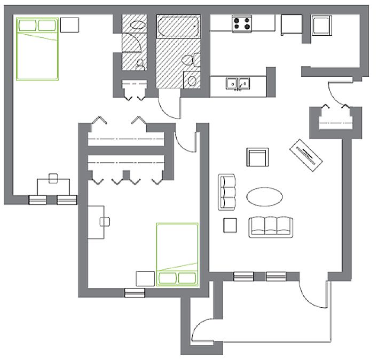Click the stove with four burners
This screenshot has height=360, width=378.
coord(242,23)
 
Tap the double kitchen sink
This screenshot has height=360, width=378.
coord(238,84)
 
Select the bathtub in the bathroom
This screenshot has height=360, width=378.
coord(178,26)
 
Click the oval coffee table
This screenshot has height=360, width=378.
coord(265,196)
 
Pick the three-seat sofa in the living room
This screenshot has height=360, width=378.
coord(271,227)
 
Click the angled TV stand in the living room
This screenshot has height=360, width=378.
coord(308,155)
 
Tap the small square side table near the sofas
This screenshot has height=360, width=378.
coord(230,225)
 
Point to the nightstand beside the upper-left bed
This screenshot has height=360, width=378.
coord(69,25)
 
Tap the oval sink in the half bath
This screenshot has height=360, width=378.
coord(137,24)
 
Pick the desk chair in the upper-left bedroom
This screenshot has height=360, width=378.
coord(53,178)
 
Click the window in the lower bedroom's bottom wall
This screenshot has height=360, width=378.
coord(135,292)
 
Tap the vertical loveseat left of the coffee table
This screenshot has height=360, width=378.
coord(227,191)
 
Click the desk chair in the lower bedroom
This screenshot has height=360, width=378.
coord(105,221)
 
